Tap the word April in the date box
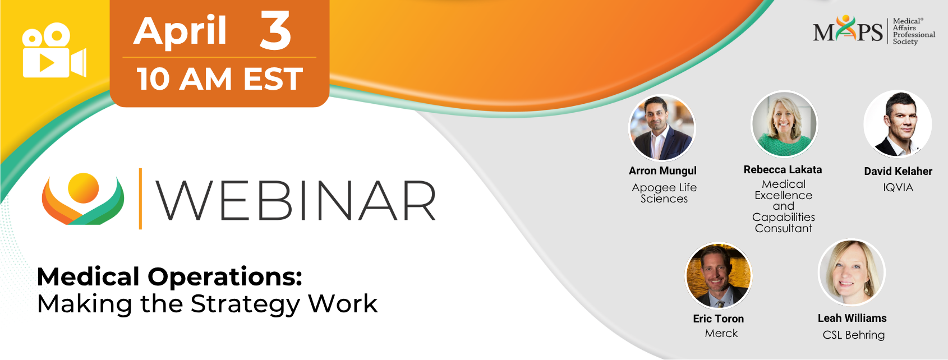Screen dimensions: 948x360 180,30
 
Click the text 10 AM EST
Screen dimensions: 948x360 220,79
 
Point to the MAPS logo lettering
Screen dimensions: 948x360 848,30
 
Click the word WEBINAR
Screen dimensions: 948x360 296,201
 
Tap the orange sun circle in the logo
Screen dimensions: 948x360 83,188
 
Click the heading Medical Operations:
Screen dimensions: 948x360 170,276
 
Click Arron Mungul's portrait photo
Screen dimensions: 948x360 662,128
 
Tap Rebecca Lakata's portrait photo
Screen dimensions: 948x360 784,124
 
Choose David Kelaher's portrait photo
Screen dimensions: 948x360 898,124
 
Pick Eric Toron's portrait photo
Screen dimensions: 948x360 718,276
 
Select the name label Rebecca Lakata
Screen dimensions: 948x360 783,170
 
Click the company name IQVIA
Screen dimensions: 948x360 898,187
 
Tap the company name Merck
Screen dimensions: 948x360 721,333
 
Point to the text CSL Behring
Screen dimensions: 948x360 854,335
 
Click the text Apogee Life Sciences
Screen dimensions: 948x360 664,193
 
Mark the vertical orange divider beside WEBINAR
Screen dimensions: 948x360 140,199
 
